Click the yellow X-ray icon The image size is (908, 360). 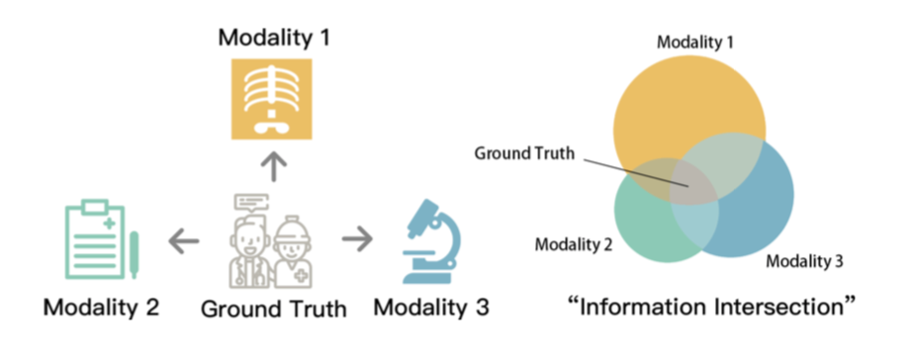pos(272,99)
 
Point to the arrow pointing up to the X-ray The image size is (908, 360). pos(273,168)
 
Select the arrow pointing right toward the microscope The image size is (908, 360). pos(357,239)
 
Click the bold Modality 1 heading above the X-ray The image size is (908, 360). pos(274,40)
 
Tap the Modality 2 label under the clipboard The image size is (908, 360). pos(101,307)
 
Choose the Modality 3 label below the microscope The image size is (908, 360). pos(431,307)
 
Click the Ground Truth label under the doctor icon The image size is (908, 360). pos(273,310)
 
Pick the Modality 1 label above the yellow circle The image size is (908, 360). pos(695,43)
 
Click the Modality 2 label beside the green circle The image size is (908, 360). pos(574,245)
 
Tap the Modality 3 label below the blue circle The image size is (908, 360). pos(804,261)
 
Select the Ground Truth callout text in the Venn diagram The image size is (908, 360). pos(524,154)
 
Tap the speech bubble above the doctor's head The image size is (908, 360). pos(251,203)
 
